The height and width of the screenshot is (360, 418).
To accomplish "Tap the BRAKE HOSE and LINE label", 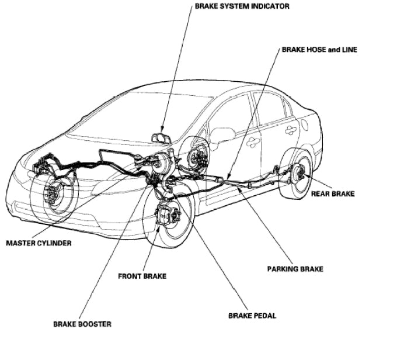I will coord(319,50).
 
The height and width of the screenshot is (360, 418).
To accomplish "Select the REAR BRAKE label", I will coord(333,193).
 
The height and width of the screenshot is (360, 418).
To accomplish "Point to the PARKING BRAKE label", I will coord(295,269).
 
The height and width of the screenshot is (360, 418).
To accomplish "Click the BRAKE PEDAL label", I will coord(252,316).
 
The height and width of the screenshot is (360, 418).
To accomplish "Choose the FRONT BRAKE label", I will coord(142,276).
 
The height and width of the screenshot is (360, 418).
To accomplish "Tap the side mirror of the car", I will coord(222,136).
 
